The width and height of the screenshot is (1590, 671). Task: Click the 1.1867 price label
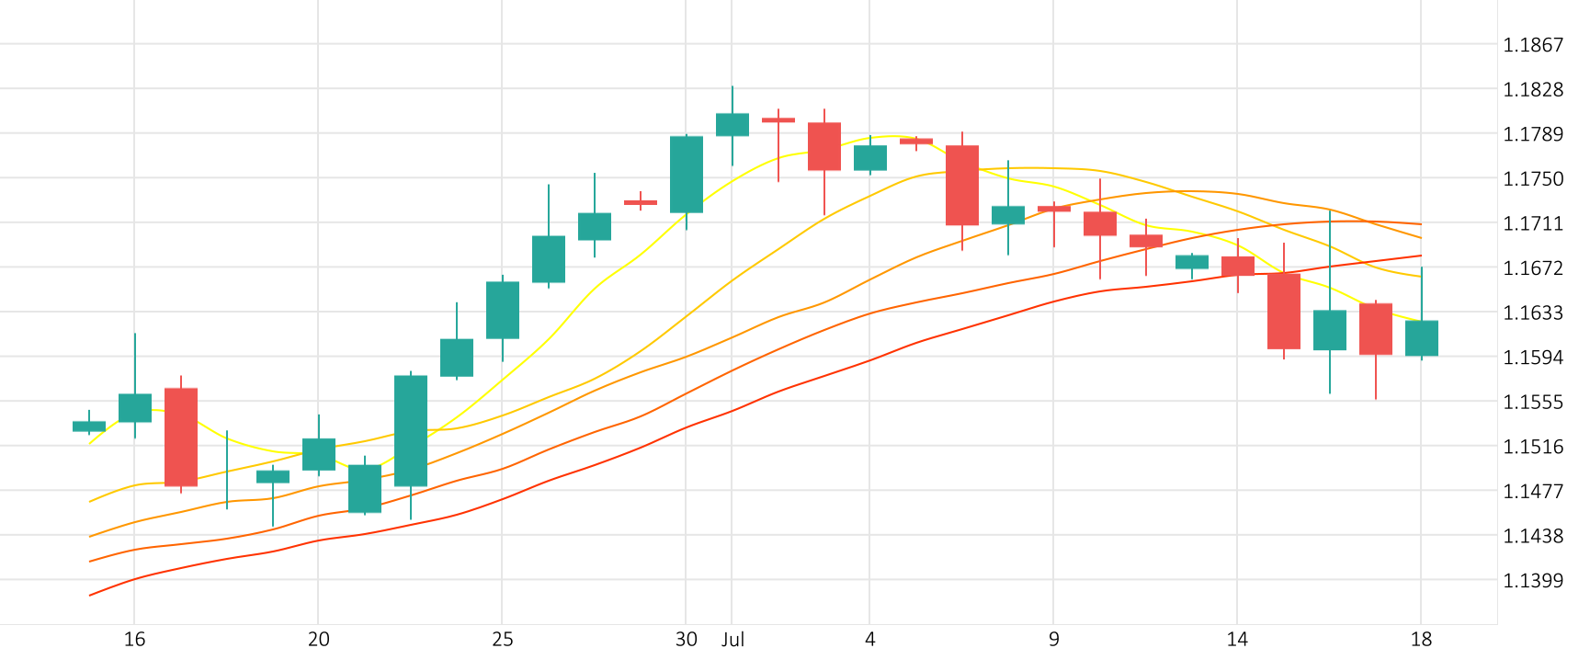click(1532, 45)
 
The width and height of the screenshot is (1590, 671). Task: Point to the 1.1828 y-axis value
click(1532, 90)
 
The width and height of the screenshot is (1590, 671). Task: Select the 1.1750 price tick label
click(1532, 179)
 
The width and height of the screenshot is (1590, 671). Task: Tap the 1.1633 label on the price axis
click(1532, 313)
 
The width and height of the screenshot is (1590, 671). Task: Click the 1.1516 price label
click(1532, 448)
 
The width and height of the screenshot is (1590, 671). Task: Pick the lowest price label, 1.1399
click(1532, 581)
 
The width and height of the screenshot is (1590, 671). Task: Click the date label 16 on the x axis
click(134, 640)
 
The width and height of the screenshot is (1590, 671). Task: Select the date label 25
click(502, 640)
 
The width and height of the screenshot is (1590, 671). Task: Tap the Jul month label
click(733, 640)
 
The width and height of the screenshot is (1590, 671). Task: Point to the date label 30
click(686, 640)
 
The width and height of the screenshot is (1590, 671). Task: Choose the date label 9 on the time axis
click(1053, 640)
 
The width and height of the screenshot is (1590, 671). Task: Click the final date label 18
click(1421, 640)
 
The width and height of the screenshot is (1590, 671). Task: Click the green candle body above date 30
click(687, 175)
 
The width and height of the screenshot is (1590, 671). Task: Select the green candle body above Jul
click(733, 125)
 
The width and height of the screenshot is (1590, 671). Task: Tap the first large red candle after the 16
click(181, 437)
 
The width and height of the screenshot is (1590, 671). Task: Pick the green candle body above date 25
click(503, 310)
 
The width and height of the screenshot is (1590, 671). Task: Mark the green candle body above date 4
click(870, 158)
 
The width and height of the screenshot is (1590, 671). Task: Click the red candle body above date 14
click(1238, 266)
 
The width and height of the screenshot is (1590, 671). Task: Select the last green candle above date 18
click(1422, 338)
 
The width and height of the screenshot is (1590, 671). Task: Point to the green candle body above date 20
click(319, 454)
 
